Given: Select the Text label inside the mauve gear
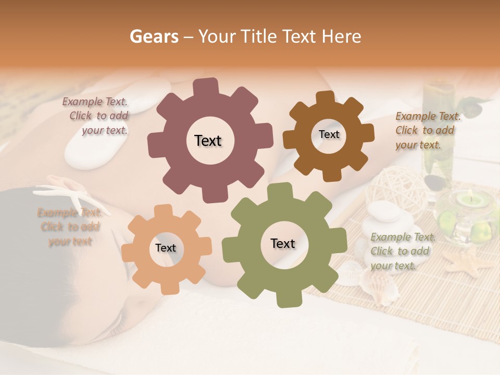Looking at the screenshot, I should pos(208,141).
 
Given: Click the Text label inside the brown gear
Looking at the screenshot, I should pos(329,134).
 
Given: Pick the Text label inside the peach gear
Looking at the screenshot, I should pos(166,248).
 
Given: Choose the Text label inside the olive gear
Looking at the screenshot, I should pos(283,243).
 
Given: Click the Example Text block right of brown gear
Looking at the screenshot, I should pos(427,130).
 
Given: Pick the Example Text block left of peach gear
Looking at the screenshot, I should pos(70,227).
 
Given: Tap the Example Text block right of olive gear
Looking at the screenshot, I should pos(402,251).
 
